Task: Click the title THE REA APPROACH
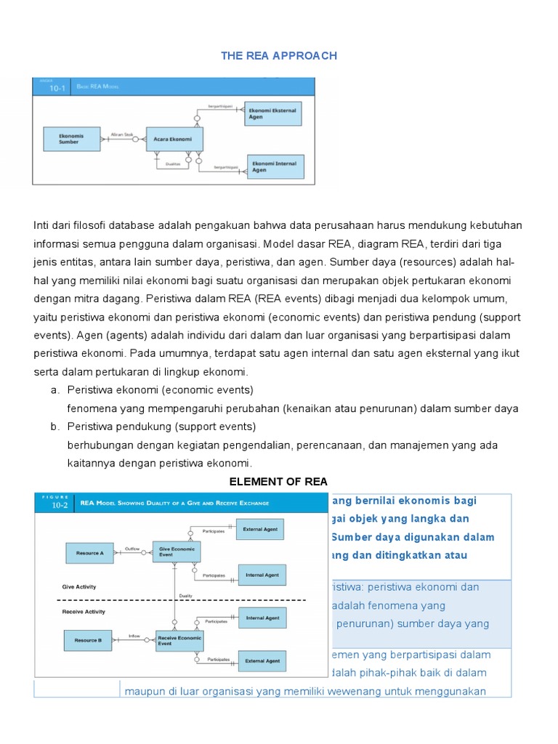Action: click(279, 56)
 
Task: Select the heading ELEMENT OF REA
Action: click(278, 481)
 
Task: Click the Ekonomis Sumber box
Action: click(72, 139)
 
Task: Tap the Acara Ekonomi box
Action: click(174, 139)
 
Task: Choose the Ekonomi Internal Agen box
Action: click(275, 167)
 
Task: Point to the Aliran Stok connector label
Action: click(122, 134)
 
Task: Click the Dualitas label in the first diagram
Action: click(173, 163)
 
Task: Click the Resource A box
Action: click(89, 553)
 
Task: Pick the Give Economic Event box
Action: click(175, 551)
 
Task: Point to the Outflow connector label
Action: click(132, 549)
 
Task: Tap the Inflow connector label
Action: click(134, 636)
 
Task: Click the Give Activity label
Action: click(79, 586)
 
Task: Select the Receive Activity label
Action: click(84, 612)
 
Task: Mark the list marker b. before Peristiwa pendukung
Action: click(54, 426)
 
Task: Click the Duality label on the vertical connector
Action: click(186, 596)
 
